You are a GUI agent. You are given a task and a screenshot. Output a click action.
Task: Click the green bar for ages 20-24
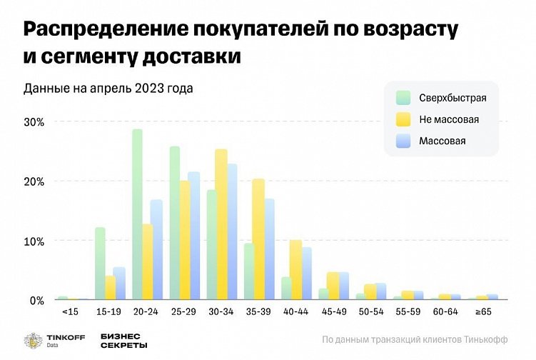137,214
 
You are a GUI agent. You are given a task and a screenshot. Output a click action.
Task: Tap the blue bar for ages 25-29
193,236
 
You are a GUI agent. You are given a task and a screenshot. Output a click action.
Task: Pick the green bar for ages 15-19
100,264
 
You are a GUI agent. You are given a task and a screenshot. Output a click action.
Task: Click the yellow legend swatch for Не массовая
403,119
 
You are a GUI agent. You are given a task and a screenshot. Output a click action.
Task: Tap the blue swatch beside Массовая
403,141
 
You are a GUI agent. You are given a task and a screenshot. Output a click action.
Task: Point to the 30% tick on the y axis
34,121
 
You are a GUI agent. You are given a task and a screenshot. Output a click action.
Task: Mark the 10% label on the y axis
34,241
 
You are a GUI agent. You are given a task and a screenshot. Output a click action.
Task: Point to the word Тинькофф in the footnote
487,339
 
